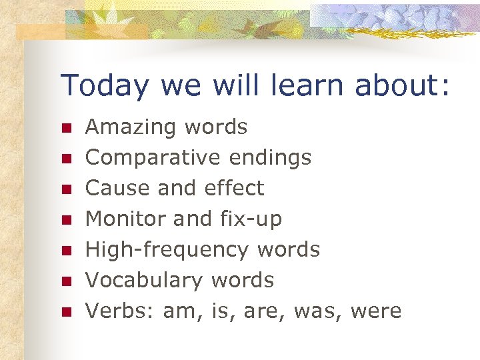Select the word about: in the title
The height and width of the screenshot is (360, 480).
point(403,85)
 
